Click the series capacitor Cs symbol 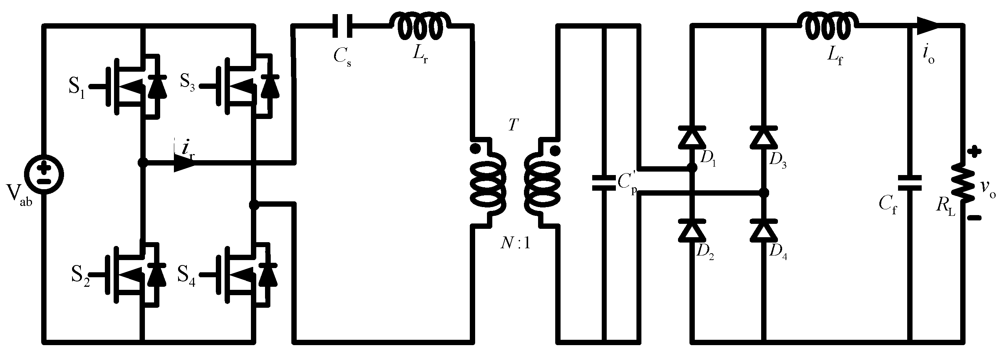coord(343,26)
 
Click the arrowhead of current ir coord(185,163)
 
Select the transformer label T coord(513,125)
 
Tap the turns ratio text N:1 coord(515,244)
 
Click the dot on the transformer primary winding coord(475,148)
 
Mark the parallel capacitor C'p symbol coord(603,183)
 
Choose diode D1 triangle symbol coord(692,138)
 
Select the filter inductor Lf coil coord(827,26)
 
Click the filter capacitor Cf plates coord(910,183)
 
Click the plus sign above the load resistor coord(974,152)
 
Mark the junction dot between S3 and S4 coord(254,205)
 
